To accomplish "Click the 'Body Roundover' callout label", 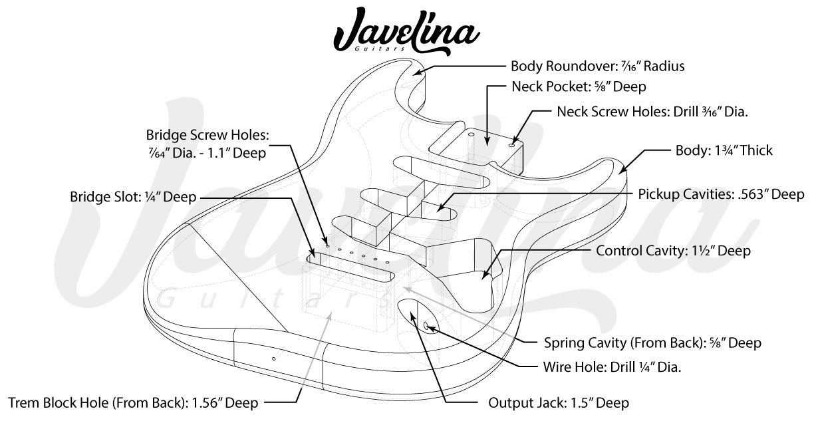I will [x=597, y=66].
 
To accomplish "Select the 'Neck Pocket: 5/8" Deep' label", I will [x=579, y=86].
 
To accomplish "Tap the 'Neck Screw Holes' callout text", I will [x=652, y=112].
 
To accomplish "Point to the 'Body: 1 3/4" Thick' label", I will [x=724, y=150].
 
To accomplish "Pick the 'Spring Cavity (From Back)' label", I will [x=652, y=343].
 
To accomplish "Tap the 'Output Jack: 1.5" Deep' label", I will [x=559, y=403].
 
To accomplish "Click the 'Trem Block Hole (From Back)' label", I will [x=133, y=403].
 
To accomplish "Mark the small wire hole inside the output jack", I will [x=426, y=325].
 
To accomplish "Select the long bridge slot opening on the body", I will [x=352, y=265].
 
